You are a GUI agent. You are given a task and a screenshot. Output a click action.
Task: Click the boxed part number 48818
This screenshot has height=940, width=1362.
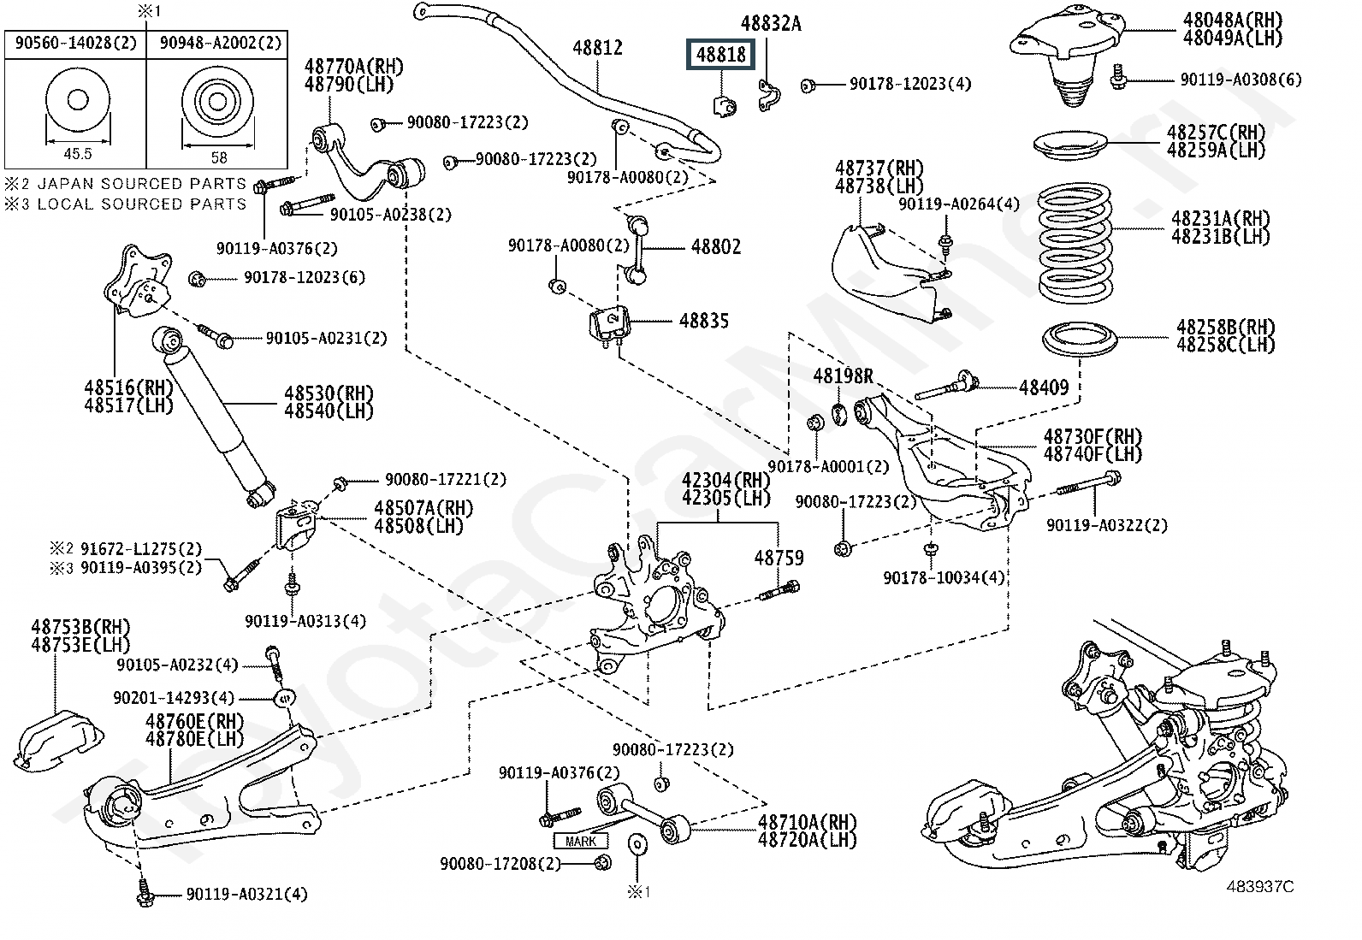click(x=721, y=56)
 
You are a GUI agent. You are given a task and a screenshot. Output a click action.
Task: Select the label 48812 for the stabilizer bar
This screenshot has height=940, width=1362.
click(x=597, y=48)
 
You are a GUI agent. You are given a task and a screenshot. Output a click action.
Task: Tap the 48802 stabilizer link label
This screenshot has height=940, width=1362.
click(x=716, y=247)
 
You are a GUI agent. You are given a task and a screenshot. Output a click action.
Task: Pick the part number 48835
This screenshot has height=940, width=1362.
click(x=704, y=321)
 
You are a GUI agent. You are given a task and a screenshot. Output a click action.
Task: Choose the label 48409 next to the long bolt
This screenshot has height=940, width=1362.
click(x=1044, y=387)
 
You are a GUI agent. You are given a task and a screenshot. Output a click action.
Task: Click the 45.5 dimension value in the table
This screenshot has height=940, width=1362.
click(x=77, y=154)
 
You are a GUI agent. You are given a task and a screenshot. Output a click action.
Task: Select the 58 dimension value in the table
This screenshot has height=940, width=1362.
click(x=219, y=157)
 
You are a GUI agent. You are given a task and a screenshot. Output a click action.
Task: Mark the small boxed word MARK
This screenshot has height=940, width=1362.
click(x=581, y=841)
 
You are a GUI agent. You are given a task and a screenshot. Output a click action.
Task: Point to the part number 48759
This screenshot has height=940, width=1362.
click(x=779, y=558)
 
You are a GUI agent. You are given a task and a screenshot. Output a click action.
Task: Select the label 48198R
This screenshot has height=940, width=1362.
click(x=843, y=375)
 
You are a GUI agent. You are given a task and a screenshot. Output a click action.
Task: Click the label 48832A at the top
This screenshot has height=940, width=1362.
click(x=771, y=24)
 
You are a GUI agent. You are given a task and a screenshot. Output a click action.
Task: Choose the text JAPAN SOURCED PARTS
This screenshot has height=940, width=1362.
click(x=142, y=184)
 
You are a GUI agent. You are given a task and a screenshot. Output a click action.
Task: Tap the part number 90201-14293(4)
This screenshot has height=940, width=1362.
click(x=174, y=698)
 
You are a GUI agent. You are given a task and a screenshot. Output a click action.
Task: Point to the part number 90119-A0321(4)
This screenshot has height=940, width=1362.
click(x=246, y=895)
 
